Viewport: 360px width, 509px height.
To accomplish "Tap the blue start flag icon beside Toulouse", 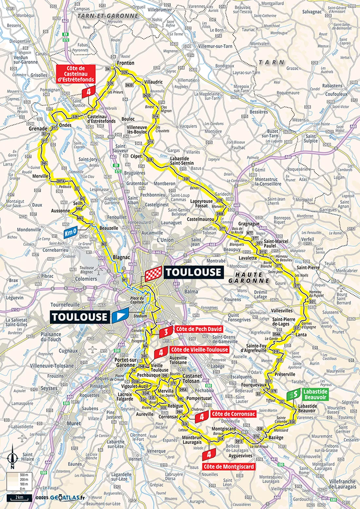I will pos(120,316).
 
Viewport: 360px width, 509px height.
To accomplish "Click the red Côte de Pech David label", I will pos(199,329).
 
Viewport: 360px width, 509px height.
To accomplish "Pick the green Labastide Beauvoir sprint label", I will pos(315,394).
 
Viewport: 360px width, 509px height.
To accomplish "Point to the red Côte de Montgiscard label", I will pos(229,467).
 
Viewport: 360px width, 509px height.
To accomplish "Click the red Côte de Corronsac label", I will pos(233,414).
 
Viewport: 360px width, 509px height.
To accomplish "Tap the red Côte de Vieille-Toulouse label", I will pos(199,350).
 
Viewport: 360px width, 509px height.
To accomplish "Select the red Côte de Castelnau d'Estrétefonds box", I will pos(76,74).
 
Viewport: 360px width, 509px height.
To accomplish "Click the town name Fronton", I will pos(126,63).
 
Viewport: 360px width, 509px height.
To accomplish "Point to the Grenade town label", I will pos(38,129).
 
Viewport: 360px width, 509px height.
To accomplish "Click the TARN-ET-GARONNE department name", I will pos(108,16).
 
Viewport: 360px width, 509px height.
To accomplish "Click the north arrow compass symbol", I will pos(12,455).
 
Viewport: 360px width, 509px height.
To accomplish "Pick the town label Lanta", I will pos(301,335).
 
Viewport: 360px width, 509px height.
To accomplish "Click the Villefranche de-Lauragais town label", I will pos(342,484).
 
